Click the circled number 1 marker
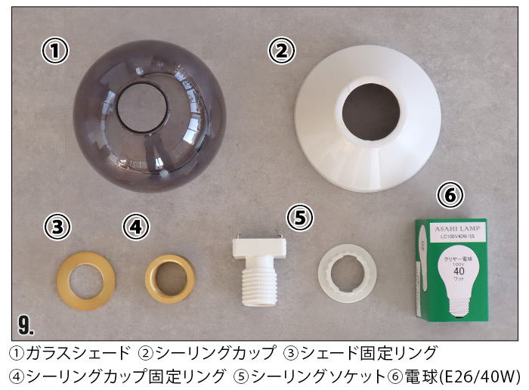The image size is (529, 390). click(x=54, y=51)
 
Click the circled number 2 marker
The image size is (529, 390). click(x=281, y=51)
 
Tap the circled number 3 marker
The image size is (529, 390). click(x=58, y=226)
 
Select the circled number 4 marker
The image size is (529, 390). click(x=135, y=226)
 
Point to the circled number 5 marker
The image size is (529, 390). click(x=300, y=218)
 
